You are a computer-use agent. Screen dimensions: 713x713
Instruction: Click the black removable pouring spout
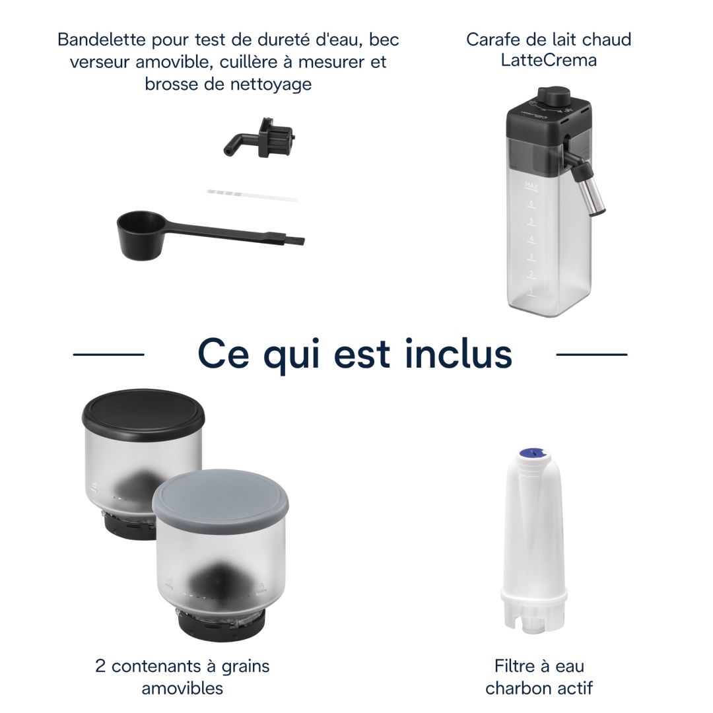260,139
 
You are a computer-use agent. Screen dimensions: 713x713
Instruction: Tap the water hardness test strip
252,195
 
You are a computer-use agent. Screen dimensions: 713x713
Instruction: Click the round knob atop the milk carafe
553,96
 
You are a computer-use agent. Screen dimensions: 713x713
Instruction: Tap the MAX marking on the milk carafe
531,186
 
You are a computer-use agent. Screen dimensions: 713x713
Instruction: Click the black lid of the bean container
143,414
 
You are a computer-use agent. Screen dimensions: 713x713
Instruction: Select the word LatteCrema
549,61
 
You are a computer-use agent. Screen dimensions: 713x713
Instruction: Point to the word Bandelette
102,40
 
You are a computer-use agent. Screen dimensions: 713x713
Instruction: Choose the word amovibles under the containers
182,688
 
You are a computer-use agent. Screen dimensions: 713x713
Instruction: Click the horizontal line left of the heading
109,355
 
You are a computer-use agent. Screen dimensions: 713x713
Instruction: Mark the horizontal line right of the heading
592,355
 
